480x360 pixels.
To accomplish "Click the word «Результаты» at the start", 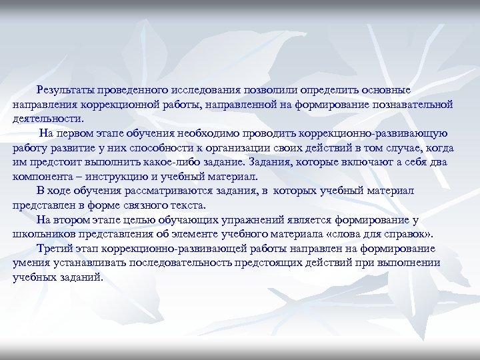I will (x=65, y=89).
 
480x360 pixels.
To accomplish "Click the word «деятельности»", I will (x=48, y=119).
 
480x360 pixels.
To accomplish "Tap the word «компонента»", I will (x=43, y=177).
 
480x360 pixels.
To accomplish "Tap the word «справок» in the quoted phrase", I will (x=411, y=234).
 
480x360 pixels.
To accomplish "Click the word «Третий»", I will (x=55, y=249).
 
